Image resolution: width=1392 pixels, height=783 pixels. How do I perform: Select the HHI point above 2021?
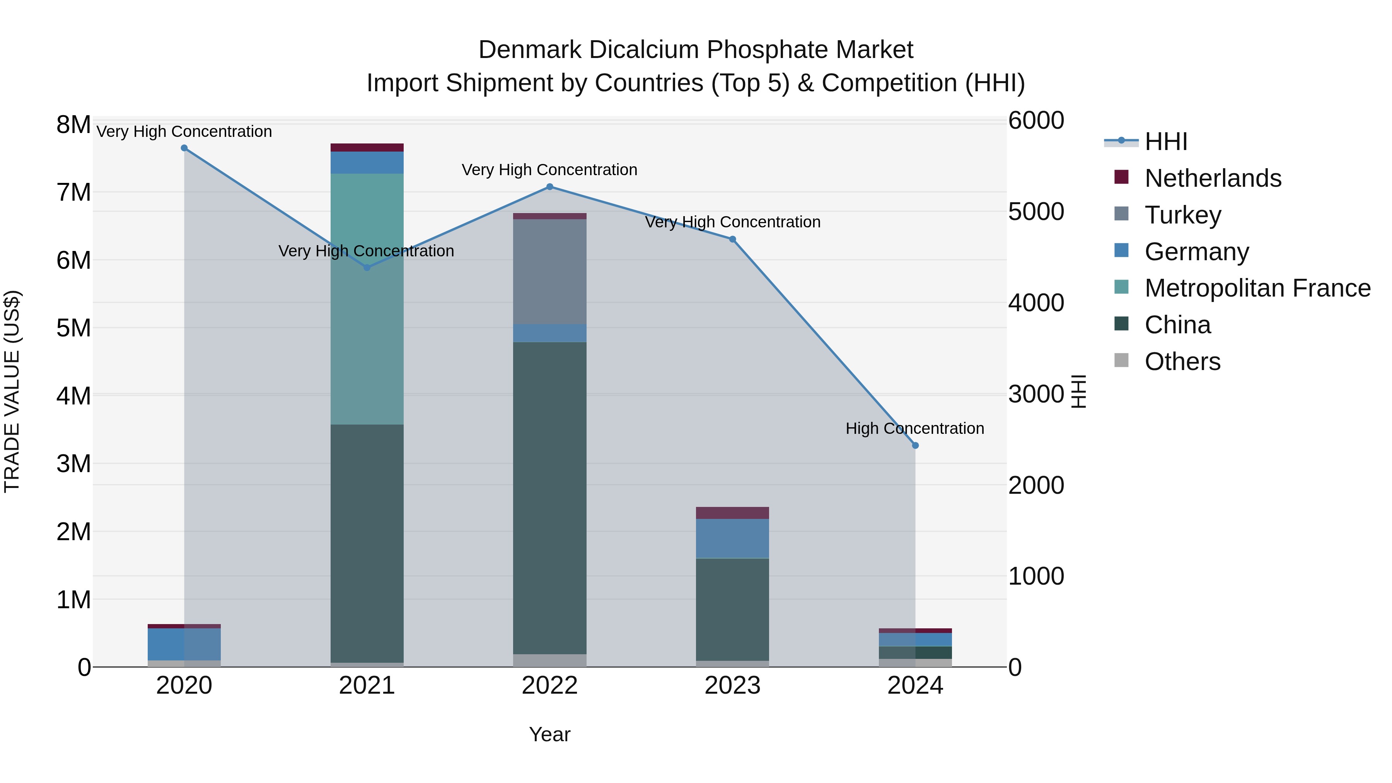(367, 268)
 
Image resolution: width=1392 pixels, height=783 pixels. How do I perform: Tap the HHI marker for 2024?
(915, 446)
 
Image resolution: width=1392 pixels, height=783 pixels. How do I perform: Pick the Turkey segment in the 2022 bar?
(549, 271)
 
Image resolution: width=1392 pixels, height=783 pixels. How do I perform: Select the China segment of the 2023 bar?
(732, 609)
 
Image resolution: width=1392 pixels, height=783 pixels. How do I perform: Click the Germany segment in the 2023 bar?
(732, 538)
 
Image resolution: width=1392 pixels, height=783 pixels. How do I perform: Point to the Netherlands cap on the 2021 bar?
(367, 148)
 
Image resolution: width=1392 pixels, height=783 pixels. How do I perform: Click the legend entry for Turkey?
(1182, 215)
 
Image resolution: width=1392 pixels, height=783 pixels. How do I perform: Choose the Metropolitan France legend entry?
(1257, 288)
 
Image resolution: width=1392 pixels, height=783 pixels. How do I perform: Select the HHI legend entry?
(1165, 142)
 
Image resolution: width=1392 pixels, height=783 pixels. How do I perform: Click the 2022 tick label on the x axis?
(549, 686)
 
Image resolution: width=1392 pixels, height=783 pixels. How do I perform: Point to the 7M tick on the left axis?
(73, 193)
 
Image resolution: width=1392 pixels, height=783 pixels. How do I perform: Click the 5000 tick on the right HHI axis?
(1036, 212)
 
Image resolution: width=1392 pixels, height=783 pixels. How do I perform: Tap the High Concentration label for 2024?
(914, 428)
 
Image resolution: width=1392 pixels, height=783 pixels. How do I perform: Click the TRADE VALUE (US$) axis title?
(12, 391)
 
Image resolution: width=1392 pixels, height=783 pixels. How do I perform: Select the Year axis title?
(549, 734)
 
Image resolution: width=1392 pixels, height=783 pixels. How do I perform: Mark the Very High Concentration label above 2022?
(549, 170)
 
